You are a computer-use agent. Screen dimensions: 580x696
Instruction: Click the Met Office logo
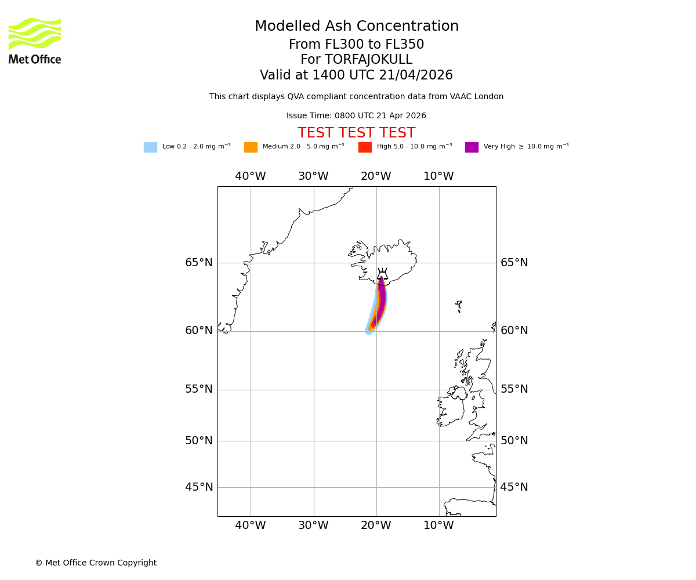point(35,41)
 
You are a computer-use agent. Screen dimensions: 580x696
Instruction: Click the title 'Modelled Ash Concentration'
point(356,27)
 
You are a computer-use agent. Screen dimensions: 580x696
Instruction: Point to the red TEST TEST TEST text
point(356,133)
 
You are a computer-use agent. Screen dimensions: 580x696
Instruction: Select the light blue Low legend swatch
point(150,147)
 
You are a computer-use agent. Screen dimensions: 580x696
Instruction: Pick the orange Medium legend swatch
point(251,147)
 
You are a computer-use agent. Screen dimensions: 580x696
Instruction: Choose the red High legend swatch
point(365,147)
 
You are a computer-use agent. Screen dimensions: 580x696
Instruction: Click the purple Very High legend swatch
point(472,147)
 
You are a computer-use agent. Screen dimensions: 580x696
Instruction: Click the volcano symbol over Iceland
point(382,274)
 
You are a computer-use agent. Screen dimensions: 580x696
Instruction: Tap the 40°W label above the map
point(251,176)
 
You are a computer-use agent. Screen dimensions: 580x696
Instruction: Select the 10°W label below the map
point(438,526)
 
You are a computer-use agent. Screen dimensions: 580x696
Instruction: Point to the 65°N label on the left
point(199,263)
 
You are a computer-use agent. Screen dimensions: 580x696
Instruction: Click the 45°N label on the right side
point(514,487)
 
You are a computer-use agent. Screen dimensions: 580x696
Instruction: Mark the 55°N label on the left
point(199,389)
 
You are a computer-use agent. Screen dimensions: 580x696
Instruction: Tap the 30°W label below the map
point(313,526)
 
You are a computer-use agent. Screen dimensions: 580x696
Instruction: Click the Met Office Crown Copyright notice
point(96,563)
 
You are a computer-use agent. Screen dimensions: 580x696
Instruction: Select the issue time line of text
point(356,116)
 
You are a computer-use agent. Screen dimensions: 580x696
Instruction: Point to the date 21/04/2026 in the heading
point(416,75)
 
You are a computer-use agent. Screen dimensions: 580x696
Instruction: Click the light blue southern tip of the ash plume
point(369,331)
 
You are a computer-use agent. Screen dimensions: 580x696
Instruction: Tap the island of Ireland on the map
point(451,409)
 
